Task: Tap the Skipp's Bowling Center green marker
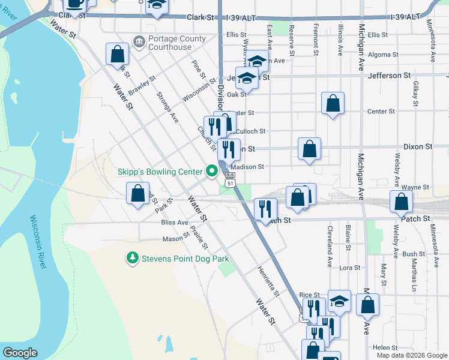pyautogui.click(x=211, y=172)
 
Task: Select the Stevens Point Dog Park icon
pyautogui.click(x=132, y=259)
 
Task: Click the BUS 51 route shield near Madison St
pyautogui.click(x=230, y=178)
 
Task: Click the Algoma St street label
pyautogui.click(x=379, y=55)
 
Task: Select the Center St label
pyautogui.click(x=381, y=112)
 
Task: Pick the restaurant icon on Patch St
pyautogui.click(x=265, y=209)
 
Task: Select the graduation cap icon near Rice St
pyautogui.click(x=339, y=301)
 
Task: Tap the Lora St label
pyautogui.click(x=349, y=268)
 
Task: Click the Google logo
pyautogui.click(x=20, y=353)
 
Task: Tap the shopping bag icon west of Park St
pyautogui.click(x=137, y=193)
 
